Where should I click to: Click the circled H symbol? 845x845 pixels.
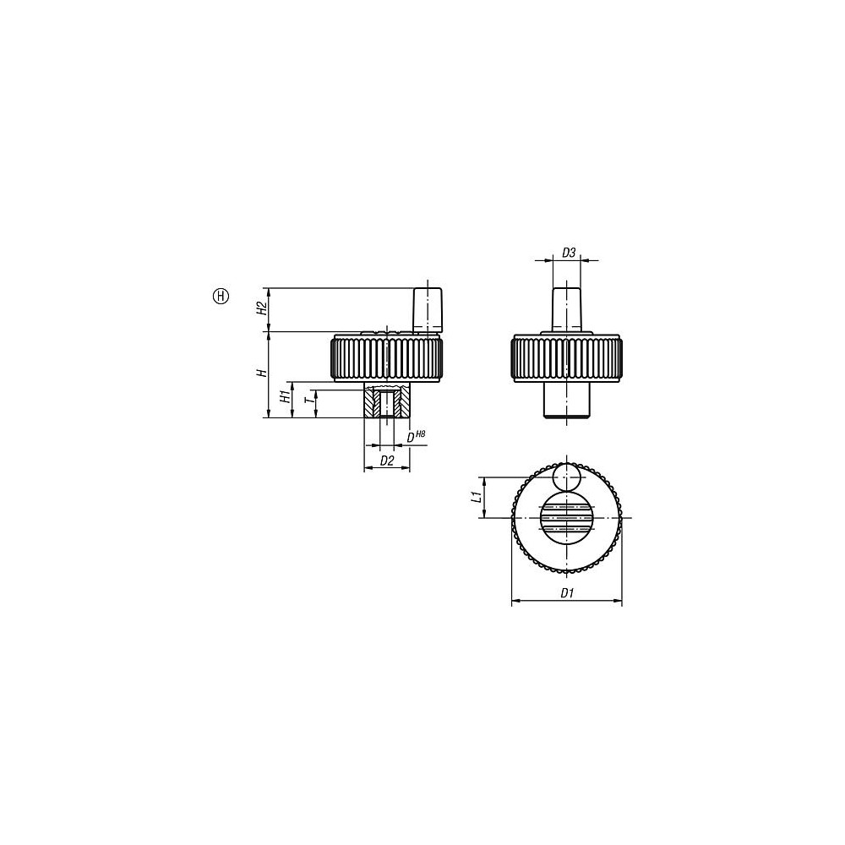point(221,296)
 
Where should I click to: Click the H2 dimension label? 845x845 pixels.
point(261,308)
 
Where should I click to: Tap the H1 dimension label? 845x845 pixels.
point(284,398)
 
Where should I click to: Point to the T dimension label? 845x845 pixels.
point(308,401)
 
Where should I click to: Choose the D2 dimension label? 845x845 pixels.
point(387,461)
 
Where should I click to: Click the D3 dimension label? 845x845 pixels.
point(569,252)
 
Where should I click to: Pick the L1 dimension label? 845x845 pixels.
point(476,497)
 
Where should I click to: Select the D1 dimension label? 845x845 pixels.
point(567,593)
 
